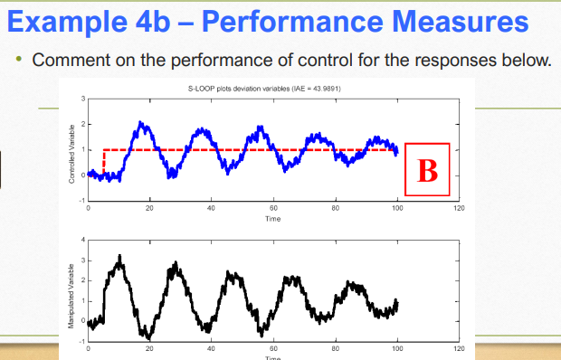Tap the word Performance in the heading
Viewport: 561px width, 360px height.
coord(290,21)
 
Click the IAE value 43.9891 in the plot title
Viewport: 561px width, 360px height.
coord(323,88)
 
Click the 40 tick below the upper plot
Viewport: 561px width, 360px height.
coord(211,209)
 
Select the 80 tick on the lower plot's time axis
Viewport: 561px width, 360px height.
coord(335,347)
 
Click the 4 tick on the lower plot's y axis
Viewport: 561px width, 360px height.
coord(81,240)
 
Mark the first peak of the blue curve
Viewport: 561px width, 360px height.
coord(140,123)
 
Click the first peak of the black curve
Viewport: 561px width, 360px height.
coord(119,257)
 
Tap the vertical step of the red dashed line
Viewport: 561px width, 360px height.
coord(104,161)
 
